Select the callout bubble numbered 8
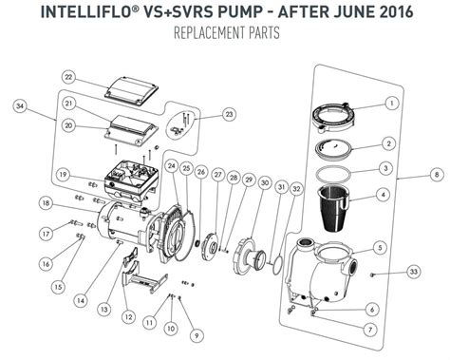click(x=436, y=175)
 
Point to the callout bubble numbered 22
click(x=67, y=76)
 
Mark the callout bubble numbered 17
click(x=44, y=233)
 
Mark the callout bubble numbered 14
click(x=81, y=301)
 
